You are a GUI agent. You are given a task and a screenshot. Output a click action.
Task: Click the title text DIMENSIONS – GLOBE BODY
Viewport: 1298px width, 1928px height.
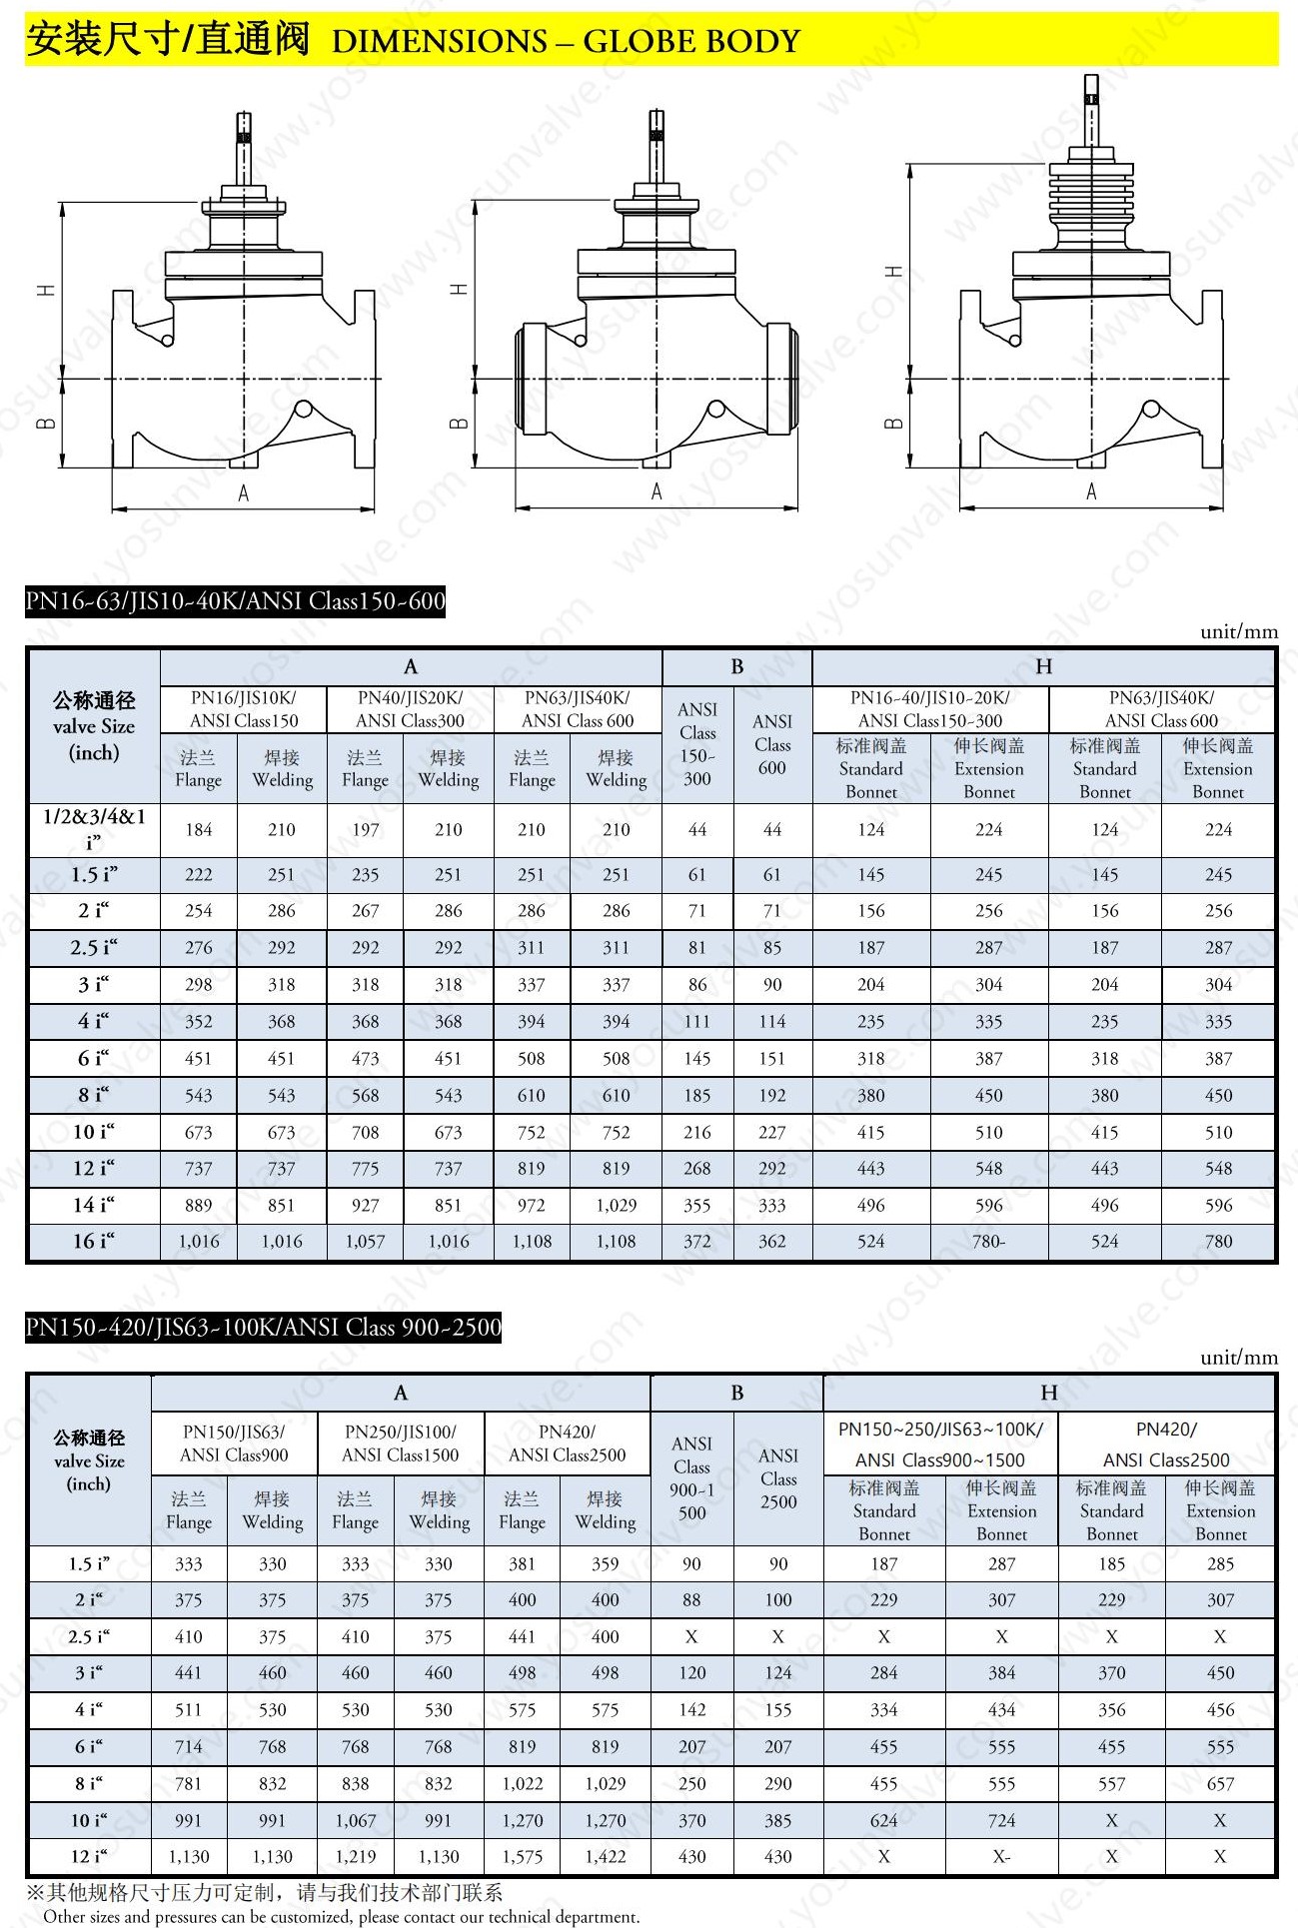(x=566, y=41)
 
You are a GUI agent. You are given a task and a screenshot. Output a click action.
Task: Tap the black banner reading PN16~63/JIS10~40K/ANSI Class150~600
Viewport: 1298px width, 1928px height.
(x=236, y=601)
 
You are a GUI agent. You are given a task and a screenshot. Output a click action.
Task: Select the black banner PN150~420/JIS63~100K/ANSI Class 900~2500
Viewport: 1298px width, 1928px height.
(x=264, y=1328)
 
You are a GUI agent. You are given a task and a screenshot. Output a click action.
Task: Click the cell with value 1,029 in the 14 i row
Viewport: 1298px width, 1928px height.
(x=616, y=1206)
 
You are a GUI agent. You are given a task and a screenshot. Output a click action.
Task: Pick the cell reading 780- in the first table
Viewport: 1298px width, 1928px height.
(x=988, y=1242)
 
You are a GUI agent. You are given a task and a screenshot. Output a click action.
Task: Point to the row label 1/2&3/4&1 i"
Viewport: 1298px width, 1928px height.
(x=94, y=829)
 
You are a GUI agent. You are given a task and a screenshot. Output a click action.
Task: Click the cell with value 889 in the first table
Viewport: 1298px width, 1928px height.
(x=198, y=1206)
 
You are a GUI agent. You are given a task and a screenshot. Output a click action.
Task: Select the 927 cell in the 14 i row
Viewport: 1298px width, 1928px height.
(x=365, y=1206)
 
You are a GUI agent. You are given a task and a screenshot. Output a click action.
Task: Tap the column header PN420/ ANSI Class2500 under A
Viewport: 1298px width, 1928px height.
(x=567, y=1444)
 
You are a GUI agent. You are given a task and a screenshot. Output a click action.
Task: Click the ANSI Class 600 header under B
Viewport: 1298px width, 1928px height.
(x=772, y=744)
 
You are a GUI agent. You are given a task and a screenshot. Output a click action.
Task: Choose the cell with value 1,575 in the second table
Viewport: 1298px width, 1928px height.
(x=522, y=1857)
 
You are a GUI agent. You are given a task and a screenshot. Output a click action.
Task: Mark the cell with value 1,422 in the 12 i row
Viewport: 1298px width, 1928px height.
(x=606, y=1857)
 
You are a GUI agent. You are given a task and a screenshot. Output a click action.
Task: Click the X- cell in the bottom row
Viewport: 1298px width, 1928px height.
(x=1001, y=1857)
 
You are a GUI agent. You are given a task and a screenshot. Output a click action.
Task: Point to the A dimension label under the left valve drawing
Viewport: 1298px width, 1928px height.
(x=243, y=493)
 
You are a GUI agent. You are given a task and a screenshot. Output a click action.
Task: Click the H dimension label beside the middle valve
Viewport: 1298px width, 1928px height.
(x=459, y=289)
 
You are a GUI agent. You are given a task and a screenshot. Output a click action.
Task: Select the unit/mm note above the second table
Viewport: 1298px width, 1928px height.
(x=1239, y=1358)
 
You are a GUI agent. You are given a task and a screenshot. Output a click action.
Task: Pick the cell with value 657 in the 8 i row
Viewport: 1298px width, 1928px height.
(x=1220, y=1784)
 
